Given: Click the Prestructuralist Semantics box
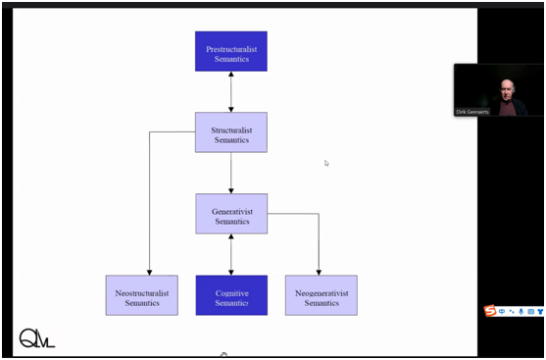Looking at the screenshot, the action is click(231, 51).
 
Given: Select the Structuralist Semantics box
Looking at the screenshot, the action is click(231, 132).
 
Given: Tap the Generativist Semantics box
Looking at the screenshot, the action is click(231, 214).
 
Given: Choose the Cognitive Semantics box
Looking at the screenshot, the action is click(231, 295).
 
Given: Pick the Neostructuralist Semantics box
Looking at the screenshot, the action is click(142, 295).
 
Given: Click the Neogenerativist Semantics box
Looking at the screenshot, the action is click(322, 295).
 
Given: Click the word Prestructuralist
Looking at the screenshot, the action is click(231, 49).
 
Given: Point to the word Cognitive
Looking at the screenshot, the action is click(232, 293).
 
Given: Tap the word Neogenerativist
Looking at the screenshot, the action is click(322, 293).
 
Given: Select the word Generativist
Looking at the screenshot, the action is click(232, 212).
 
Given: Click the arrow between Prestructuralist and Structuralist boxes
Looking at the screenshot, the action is click(231, 92).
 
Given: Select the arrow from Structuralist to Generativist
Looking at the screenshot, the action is click(231, 173).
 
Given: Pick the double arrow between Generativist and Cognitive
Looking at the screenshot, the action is click(231, 254).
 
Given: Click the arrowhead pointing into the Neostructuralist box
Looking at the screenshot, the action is click(149, 273).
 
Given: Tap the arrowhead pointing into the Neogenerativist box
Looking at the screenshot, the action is click(319, 273).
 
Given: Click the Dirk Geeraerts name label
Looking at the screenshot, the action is click(472, 112).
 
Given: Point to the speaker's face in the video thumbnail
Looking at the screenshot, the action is click(507, 89).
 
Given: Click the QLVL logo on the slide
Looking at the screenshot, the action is click(37, 338).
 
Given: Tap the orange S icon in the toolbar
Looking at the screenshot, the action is click(490, 311).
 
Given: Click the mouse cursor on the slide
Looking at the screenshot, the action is click(325, 163).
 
